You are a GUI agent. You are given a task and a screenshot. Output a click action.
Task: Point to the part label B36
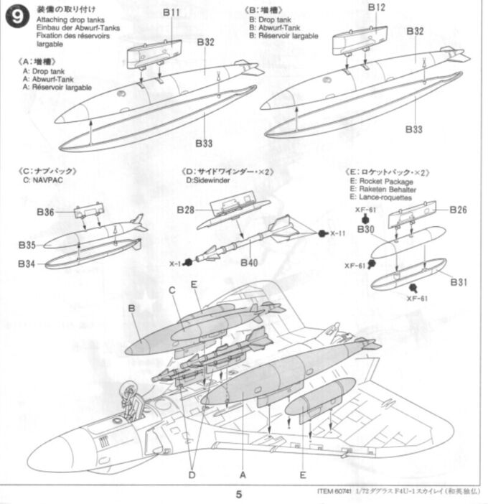click(45, 213)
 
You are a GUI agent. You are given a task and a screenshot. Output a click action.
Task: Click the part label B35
click(29, 245)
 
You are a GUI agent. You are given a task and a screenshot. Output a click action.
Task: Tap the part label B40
click(249, 263)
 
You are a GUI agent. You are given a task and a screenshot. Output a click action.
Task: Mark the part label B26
click(459, 210)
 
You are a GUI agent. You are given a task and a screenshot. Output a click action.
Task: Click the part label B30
click(365, 230)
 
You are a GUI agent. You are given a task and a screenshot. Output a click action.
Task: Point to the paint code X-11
click(337, 233)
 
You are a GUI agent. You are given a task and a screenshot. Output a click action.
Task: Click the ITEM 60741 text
click(334, 493)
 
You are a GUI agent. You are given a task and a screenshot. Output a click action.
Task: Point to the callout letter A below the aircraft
click(242, 475)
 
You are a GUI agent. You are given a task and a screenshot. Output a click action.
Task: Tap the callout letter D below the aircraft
click(192, 475)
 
